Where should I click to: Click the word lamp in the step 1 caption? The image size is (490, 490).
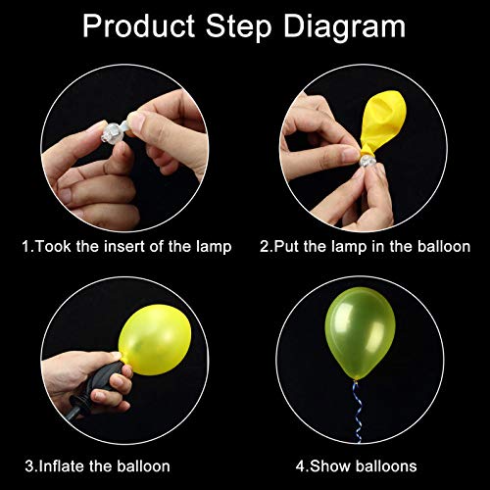coord(212,247)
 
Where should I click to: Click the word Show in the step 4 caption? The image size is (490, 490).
coord(320,466)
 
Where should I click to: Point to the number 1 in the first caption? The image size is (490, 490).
coord(26,247)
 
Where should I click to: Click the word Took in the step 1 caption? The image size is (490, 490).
coord(55,247)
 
